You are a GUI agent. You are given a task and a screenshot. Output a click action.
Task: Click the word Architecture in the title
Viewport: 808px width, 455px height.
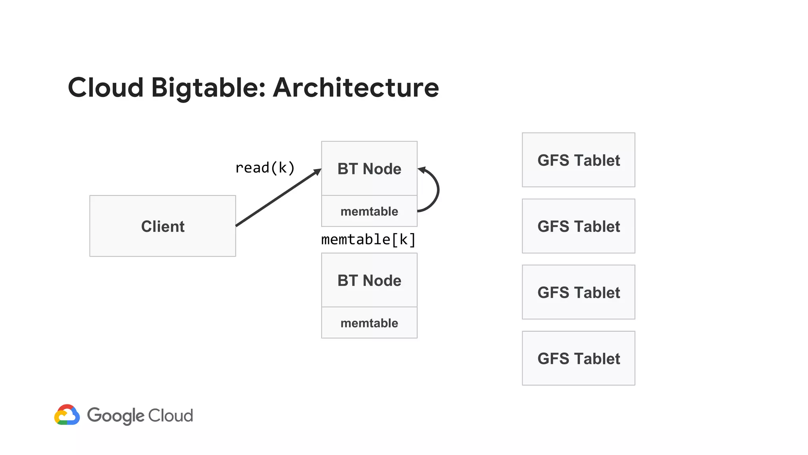click(x=355, y=87)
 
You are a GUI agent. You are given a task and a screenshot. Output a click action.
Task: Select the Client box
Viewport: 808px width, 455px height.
click(x=163, y=226)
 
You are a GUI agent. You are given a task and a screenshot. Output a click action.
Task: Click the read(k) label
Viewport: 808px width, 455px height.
click(x=265, y=168)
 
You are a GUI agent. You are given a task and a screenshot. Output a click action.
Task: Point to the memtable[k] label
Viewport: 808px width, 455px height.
click(x=368, y=240)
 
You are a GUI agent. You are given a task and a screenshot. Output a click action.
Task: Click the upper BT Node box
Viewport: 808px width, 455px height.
click(x=369, y=169)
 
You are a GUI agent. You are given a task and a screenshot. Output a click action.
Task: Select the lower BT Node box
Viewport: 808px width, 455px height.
click(x=369, y=280)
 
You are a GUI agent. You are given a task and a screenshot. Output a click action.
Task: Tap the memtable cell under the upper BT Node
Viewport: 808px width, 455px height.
click(x=369, y=211)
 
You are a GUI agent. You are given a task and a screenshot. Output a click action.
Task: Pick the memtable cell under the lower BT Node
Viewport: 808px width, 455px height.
click(x=369, y=323)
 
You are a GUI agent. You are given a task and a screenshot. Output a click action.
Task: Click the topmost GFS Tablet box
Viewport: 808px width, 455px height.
click(x=578, y=160)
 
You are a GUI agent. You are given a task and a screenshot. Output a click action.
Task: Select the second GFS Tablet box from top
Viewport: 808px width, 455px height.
click(x=578, y=226)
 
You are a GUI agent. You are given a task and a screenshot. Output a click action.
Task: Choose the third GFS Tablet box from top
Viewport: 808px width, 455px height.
click(x=578, y=292)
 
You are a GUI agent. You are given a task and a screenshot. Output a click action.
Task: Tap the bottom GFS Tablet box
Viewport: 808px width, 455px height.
click(x=578, y=358)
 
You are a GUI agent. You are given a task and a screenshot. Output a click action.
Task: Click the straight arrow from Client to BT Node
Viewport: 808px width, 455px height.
click(x=278, y=198)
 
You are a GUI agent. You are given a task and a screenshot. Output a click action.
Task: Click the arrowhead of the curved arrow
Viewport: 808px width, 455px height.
click(x=421, y=170)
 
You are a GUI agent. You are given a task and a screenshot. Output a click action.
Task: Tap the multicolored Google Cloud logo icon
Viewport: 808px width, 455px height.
click(x=67, y=415)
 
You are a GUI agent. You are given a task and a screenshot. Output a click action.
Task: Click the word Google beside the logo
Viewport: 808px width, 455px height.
click(x=116, y=416)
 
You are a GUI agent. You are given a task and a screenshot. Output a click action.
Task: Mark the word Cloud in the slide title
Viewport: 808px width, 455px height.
click(x=106, y=87)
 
